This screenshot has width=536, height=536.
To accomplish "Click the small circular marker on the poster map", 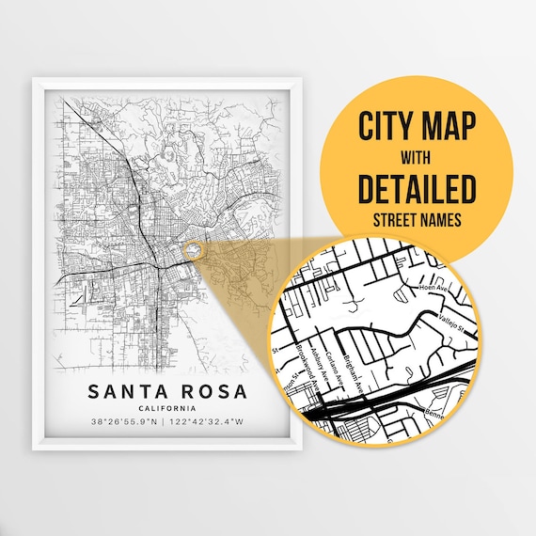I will (x=194, y=250).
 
